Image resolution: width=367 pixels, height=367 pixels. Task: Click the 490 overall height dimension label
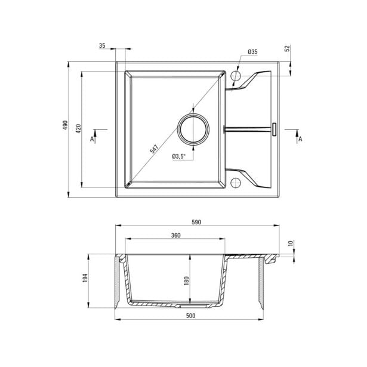[65, 125]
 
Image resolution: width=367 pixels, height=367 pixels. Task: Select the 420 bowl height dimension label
[78, 129]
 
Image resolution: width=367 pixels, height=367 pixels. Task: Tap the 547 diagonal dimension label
[154, 149]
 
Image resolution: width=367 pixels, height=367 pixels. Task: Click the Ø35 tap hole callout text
[252, 52]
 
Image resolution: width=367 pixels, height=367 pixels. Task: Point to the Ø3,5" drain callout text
[178, 156]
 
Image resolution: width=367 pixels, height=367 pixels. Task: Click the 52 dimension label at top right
[288, 48]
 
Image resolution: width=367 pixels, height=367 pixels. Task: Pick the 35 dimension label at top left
[102, 45]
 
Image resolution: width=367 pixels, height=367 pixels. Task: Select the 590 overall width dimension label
[196, 222]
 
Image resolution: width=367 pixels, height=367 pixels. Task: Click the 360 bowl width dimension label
[175, 235]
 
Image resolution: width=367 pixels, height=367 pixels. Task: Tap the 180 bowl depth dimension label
[186, 281]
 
